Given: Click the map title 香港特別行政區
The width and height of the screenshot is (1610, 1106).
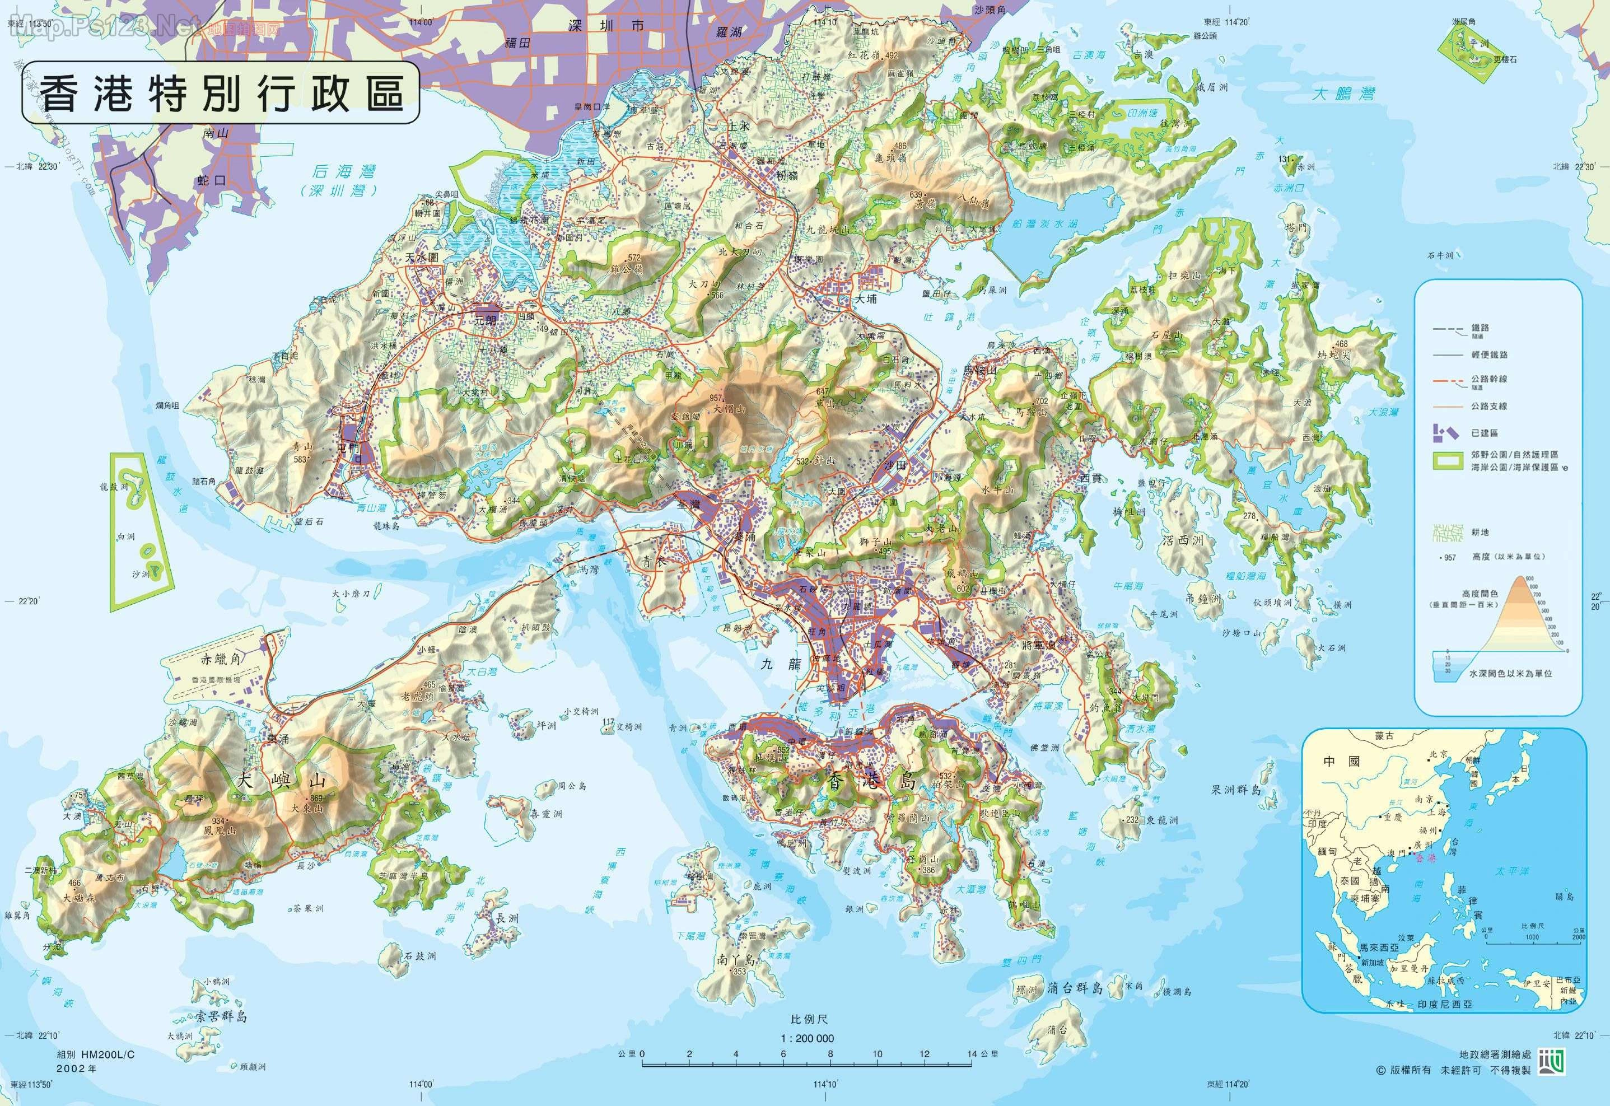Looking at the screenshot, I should tap(221, 94).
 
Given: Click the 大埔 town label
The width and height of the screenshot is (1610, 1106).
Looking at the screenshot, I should tap(866, 300).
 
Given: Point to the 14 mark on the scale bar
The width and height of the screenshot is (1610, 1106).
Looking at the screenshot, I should tap(972, 1054).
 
